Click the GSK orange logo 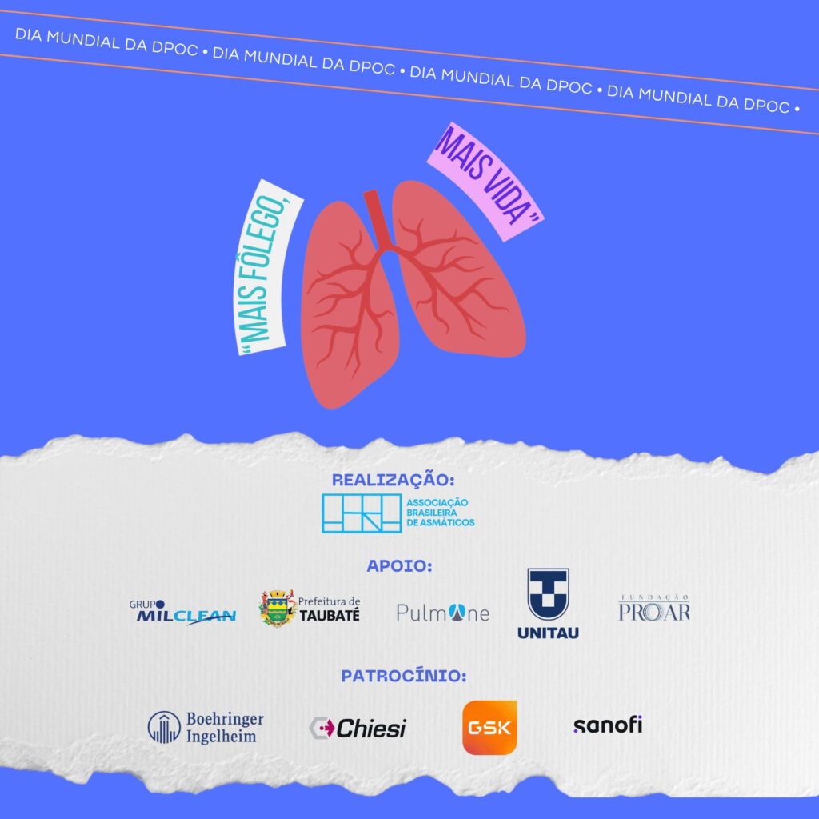point(489,727)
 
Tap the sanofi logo point(607,725)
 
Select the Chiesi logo point(358,728)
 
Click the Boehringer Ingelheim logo point(206,727)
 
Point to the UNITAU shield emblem point(548,594)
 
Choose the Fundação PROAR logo point(653,609)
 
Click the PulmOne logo point(442,613)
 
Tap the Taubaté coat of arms point(278,608)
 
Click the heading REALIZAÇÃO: point(394,480)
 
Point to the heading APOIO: point(399,566)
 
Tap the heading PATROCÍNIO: point(404,676)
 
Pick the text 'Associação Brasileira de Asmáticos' point(441,512)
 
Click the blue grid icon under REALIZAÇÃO point(361,513)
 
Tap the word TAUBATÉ point(330,616)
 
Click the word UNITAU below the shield point(548,633)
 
